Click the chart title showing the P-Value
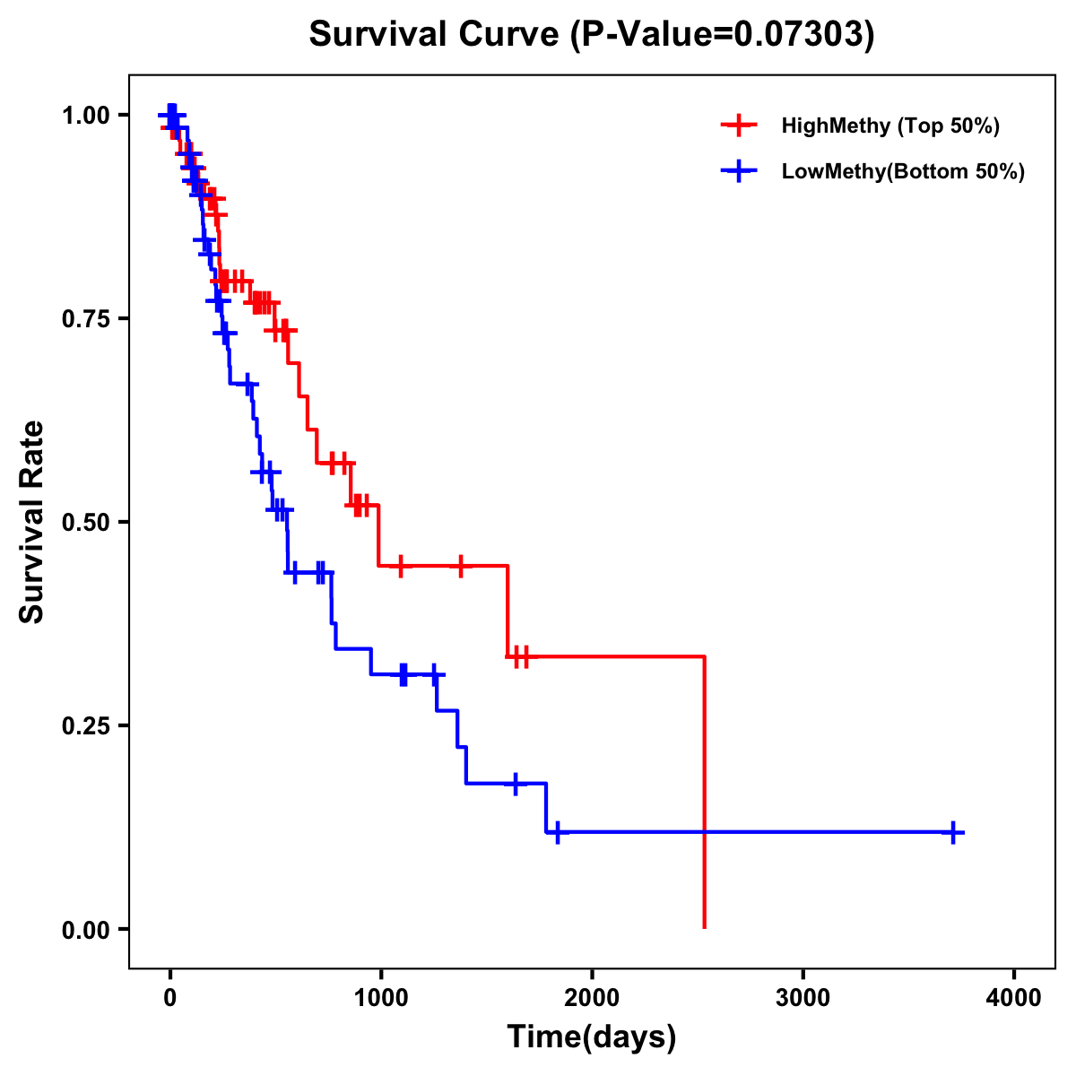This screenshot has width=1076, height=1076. pyautogui.click(x=591, y=34)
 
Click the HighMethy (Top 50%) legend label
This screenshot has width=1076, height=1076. pyautogui.click(x=889, y=126)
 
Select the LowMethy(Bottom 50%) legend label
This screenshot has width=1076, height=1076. pyautogui.click(x=902, y=171)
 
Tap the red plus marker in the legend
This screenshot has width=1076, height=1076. pyautogui.click(x=738, y=126)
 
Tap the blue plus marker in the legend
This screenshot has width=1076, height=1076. pyautogui.click(x=738, y=171)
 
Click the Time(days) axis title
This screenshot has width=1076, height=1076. pyautogui.click(x=592, y=1037)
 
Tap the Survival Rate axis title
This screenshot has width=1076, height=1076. pyautogui.click(x=32, y=521)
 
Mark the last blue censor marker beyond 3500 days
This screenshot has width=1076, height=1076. pyautogui.click(x=953, y=832)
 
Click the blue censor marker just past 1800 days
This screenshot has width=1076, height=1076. pyautogui.click(x=557, y=832)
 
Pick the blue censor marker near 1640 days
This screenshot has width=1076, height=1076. pyautogui.click(x=516, y=784)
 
